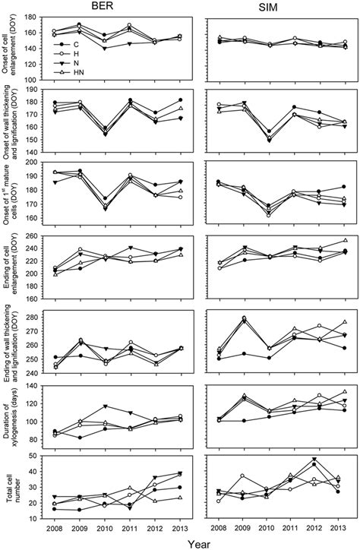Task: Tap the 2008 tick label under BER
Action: coord(53,526)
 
